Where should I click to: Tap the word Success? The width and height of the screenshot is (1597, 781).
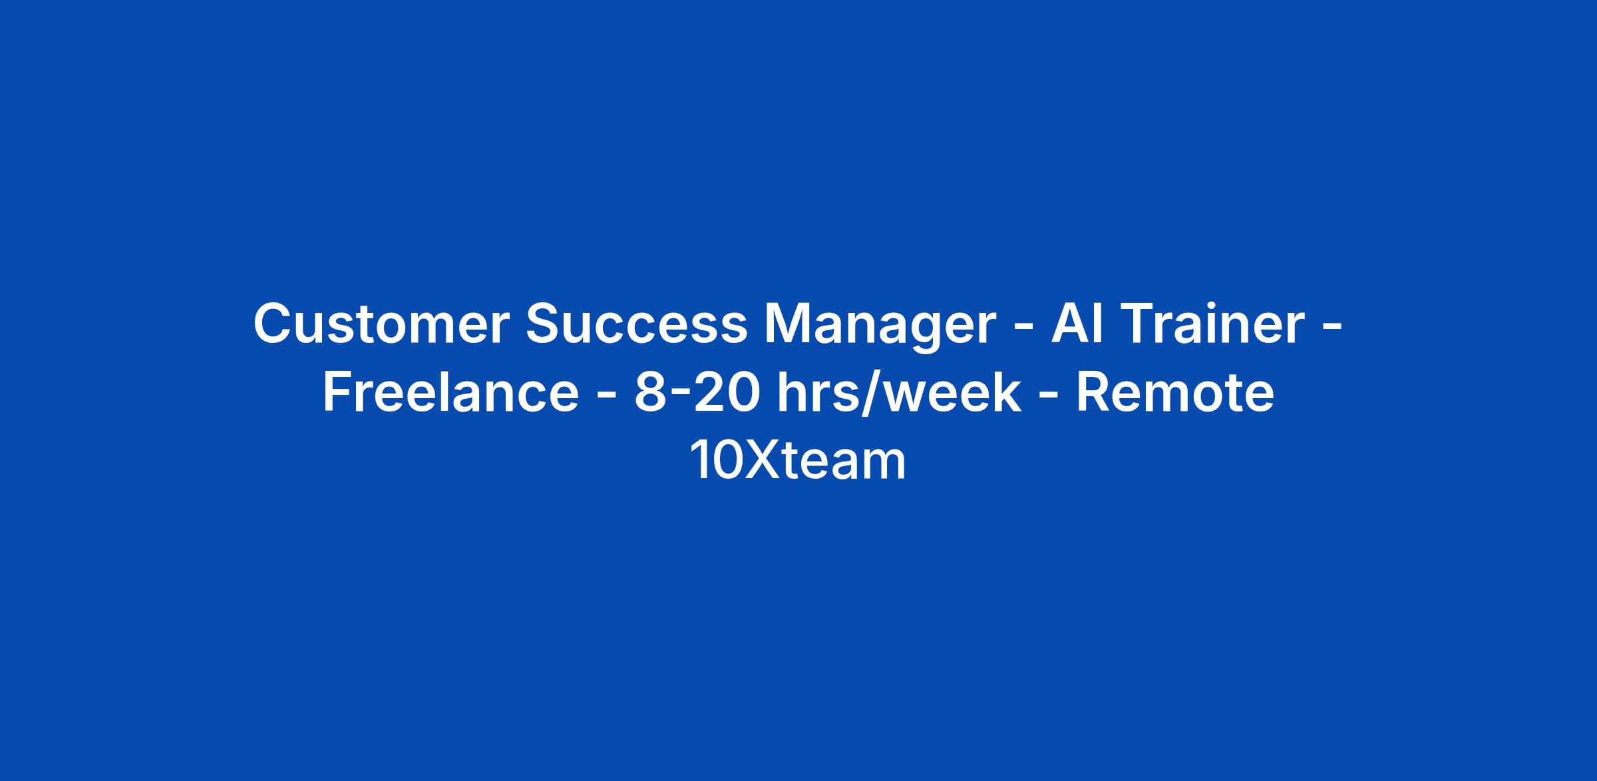coord(637,324)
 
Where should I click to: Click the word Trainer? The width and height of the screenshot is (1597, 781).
coord(1210,324)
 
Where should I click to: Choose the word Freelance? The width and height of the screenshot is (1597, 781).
coord(451,392)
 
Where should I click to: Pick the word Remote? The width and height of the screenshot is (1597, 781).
coord(1175,392)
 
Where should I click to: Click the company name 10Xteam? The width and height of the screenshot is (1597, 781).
coord(798,460)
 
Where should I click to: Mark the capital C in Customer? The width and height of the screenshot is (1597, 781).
coord(273,324)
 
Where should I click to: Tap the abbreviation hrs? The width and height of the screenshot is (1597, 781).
coord(820,392)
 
